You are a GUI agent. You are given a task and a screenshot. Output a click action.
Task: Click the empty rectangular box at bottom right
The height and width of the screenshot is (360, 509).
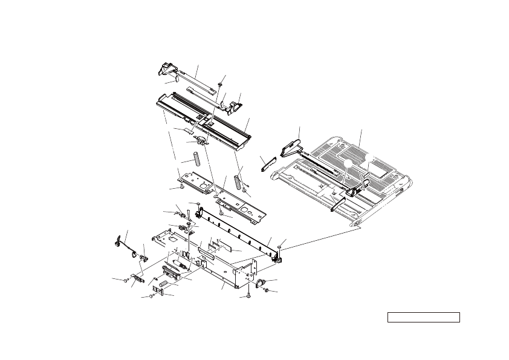click(424, 318)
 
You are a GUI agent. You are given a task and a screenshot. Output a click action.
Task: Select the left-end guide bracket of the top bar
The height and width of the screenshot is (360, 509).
click(167, 70)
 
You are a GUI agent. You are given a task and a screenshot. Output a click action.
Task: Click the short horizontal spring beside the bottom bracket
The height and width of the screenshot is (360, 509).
click(163, 280)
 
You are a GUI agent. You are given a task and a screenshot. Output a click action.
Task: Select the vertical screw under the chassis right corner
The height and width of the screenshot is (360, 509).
click(248, 295)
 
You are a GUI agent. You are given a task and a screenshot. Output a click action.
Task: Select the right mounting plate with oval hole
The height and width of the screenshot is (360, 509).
click(241, 206)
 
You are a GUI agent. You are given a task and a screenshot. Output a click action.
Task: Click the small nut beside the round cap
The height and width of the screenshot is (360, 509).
click(266, 291)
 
